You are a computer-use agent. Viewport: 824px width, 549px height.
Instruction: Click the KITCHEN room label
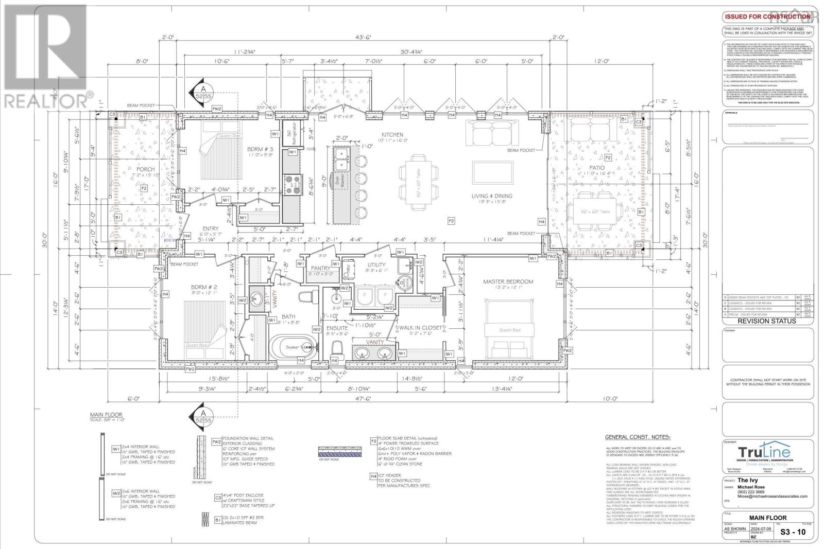pyautogui.click(x=392, y=134)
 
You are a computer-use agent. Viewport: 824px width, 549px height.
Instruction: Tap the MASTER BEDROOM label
pyautogui.click(x=508, y=281)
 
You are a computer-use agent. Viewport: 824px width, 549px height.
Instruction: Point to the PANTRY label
pyautogui.click(x=320, y=268)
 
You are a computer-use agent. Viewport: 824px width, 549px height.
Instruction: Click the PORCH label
pyautogui.click(x=146, y=169)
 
